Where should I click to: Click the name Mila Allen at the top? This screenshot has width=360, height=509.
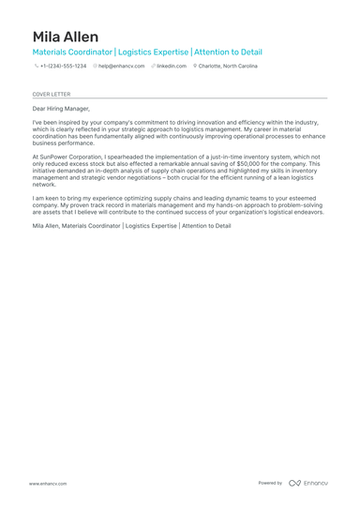[x=65, y=37]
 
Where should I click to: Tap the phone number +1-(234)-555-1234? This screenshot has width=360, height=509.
[x=63, y=67]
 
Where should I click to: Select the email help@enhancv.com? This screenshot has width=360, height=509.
[x=122, y=67]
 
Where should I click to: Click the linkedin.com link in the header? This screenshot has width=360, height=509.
[x=172, y=67]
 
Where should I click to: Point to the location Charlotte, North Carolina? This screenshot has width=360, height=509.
[x=228, y=67]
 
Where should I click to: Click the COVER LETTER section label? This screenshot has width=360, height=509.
[x=51, y=95]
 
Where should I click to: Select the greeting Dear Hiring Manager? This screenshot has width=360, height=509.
[x=61, y=109]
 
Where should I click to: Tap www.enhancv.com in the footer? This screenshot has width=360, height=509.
[x=47, y=483]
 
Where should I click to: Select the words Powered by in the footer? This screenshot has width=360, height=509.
[x=270, y=483]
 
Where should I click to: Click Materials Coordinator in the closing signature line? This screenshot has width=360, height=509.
[x=91, y=226]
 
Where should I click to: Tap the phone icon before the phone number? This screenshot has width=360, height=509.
[x=37, y=67]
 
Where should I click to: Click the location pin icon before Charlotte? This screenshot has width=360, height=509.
[x=195, y=67]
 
